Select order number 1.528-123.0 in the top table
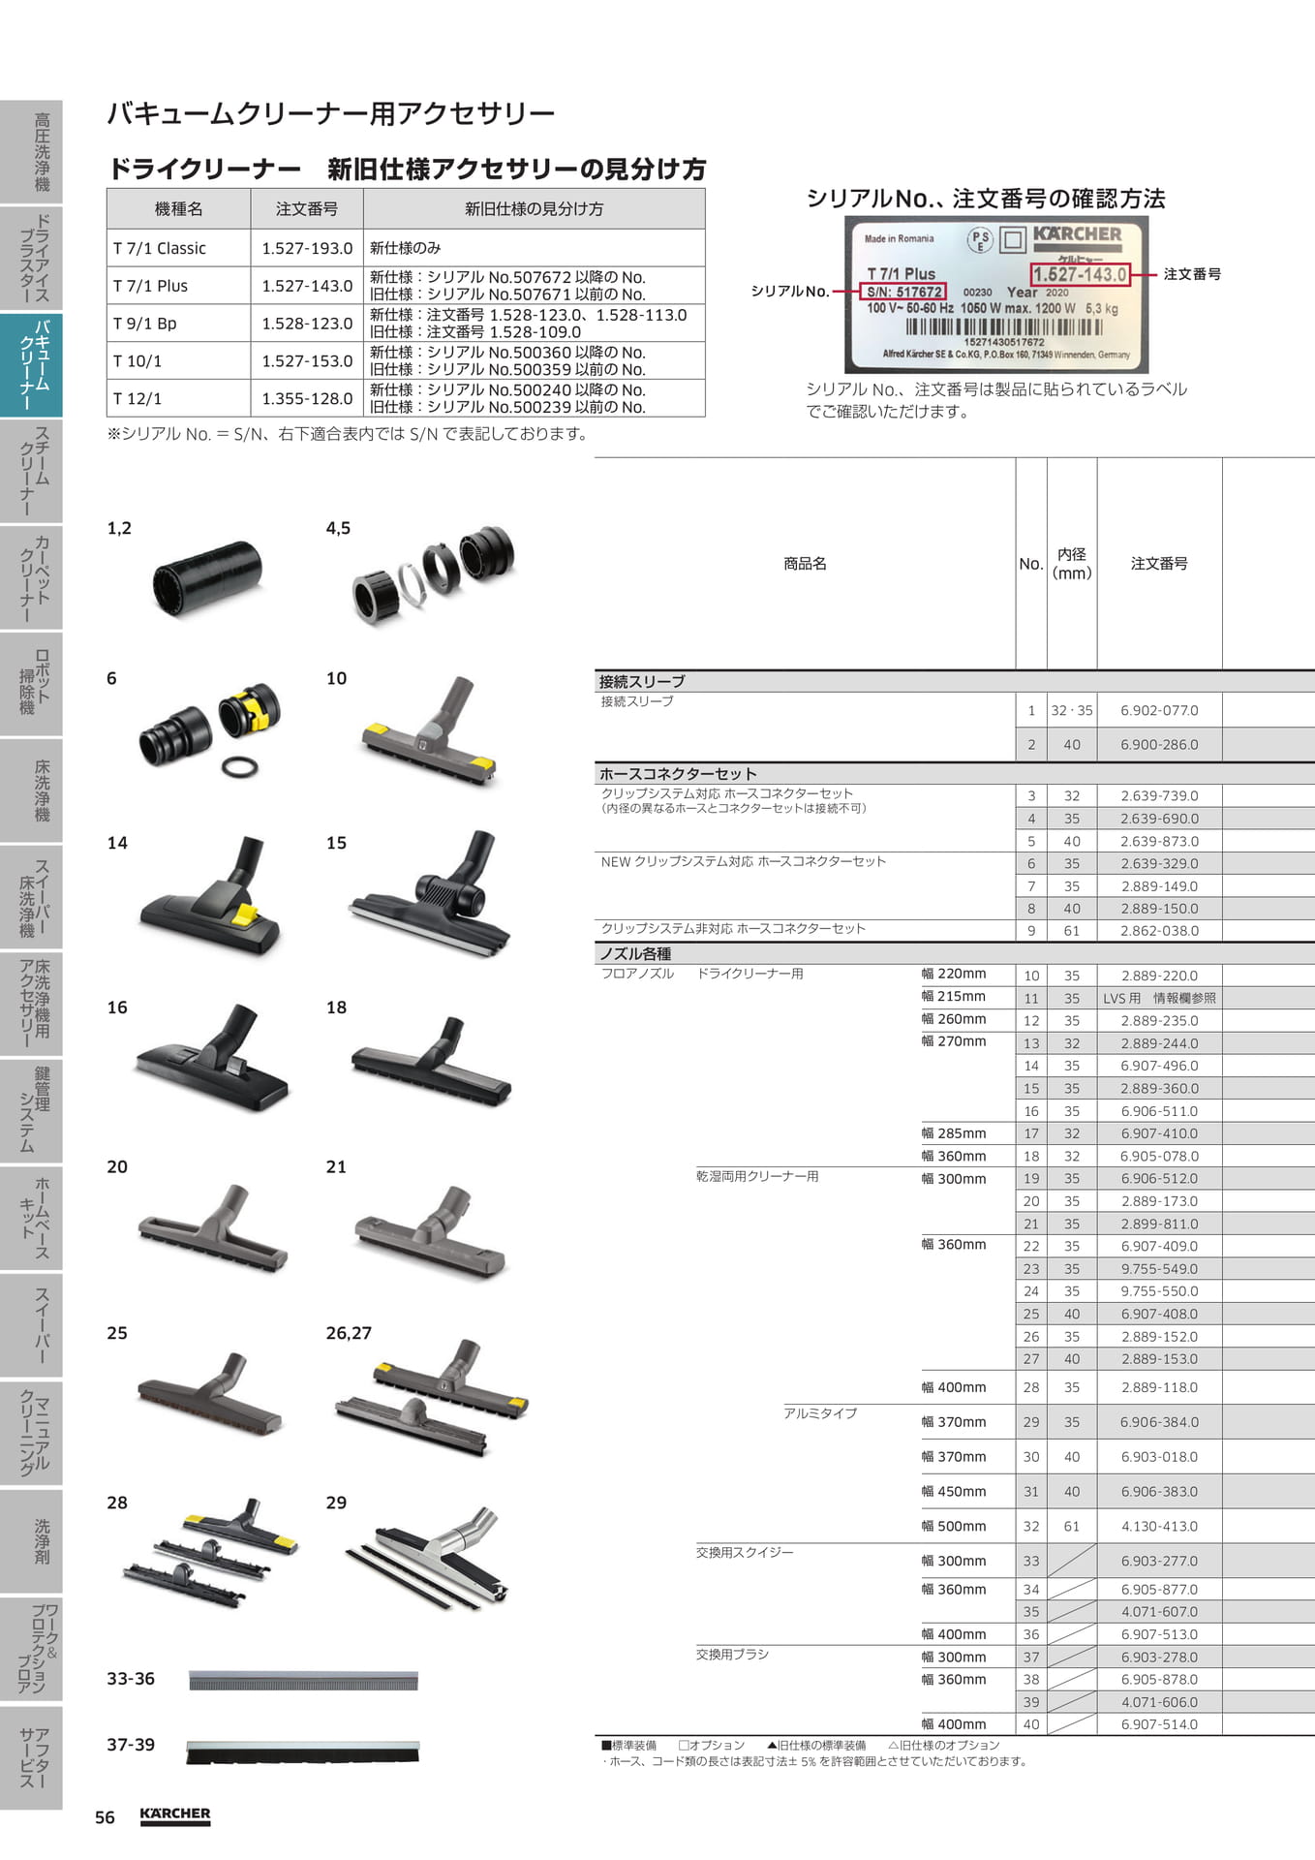pos(307,324)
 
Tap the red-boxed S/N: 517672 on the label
pos(903,292)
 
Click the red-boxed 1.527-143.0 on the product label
pos(1080,274)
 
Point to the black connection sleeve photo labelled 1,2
pos(207,577)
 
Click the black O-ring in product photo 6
pos(239,768)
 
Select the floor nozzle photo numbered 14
pos(211,897)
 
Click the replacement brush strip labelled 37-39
pos(302,1751)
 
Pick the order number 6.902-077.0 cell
pos(1159,710)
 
